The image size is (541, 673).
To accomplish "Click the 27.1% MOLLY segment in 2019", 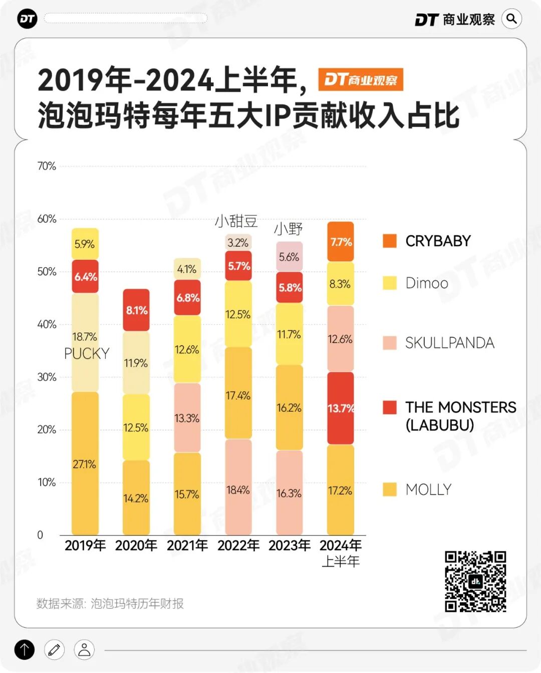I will pos(85,463).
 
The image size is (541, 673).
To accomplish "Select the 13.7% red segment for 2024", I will pos(341,408).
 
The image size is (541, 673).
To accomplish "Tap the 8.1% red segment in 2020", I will pos(136,310).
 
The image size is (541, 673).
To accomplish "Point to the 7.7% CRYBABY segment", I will pos(341,242).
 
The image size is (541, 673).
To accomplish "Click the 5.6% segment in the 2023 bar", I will pos(290,257).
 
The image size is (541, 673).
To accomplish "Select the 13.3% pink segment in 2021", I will pos(187,417).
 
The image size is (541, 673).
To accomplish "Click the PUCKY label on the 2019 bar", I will pos(87,354).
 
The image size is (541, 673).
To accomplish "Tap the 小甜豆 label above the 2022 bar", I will pos(236,221).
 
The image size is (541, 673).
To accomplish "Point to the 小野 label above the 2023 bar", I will pos(289,229).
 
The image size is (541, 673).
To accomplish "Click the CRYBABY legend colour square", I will pos(390,241).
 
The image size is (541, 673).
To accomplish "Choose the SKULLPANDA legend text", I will pos(449,343).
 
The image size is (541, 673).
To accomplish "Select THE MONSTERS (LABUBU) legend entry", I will pos(460,415).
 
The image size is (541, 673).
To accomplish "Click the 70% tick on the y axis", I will pos(47,166).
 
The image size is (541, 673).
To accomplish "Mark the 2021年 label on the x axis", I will pos(187,545).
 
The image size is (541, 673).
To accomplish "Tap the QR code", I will pos(475,581).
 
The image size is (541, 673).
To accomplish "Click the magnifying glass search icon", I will pos(511,19).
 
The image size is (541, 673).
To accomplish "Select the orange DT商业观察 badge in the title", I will pos(361,80).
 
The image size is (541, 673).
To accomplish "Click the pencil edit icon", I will pos(55,650).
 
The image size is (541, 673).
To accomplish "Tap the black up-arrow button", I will pos(25,650).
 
